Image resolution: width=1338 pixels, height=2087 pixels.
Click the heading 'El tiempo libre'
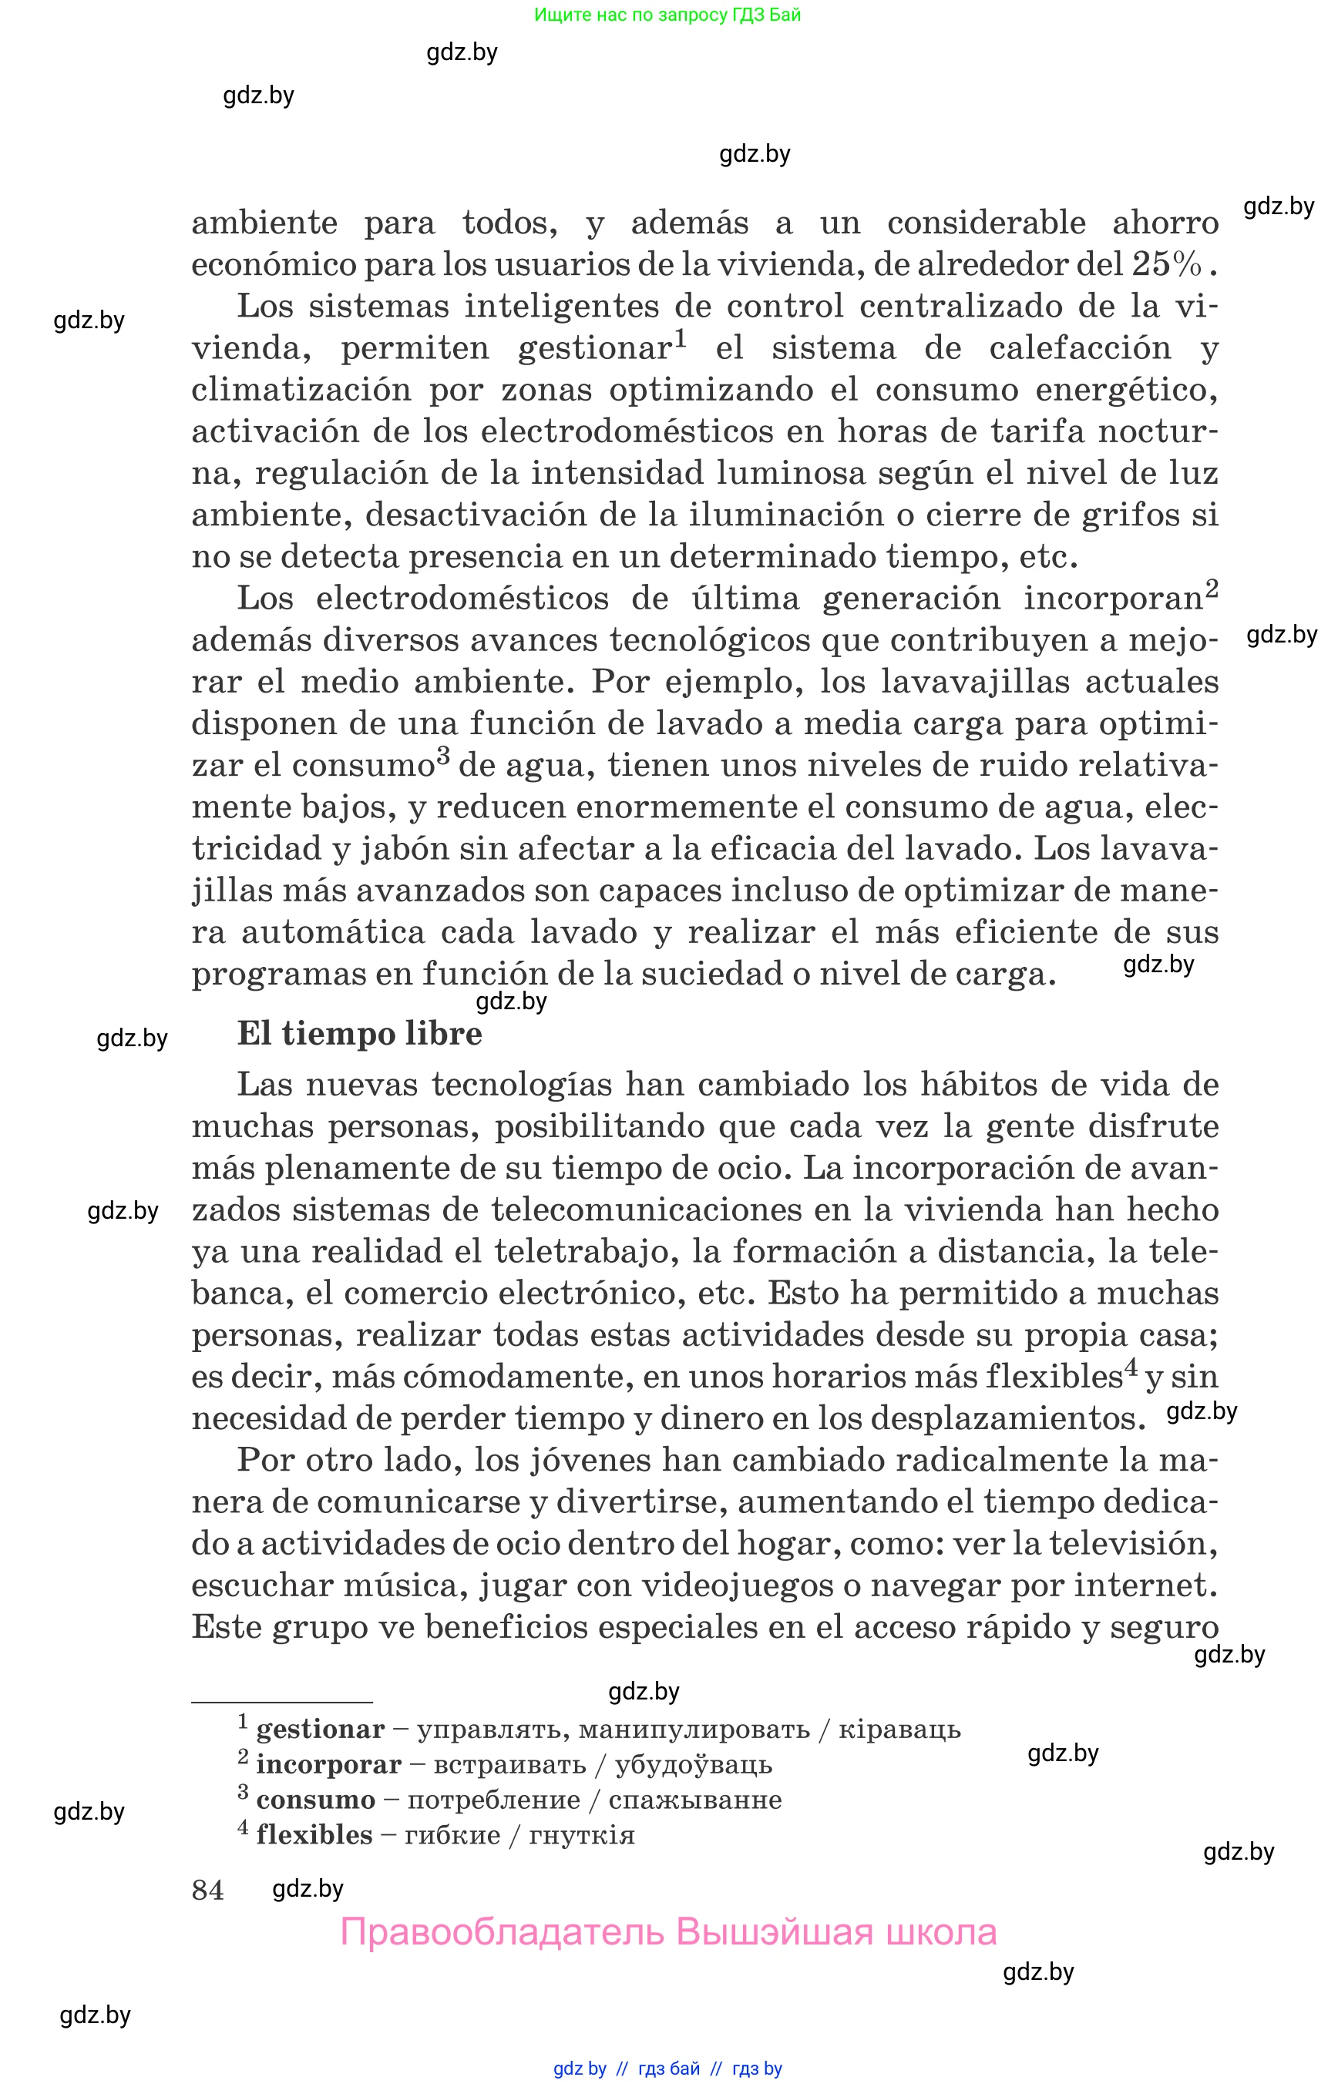click(359, 1035)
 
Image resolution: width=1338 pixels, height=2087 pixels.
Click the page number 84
click(207, 1890)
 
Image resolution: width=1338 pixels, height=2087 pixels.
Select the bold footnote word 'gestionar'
click(320, 1730)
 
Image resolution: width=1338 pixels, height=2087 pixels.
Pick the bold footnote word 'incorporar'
click(328, 1765)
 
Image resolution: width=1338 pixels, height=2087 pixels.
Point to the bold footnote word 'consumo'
click(315, 1800)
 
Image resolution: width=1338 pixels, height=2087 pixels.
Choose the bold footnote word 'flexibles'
click(314, 1835)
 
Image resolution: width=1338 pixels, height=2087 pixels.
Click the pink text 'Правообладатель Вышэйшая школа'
click(668, 1932)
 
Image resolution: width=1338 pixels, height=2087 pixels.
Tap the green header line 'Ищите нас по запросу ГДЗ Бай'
click(667, 15)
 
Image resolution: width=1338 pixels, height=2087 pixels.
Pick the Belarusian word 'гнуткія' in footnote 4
click(581, 1836)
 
